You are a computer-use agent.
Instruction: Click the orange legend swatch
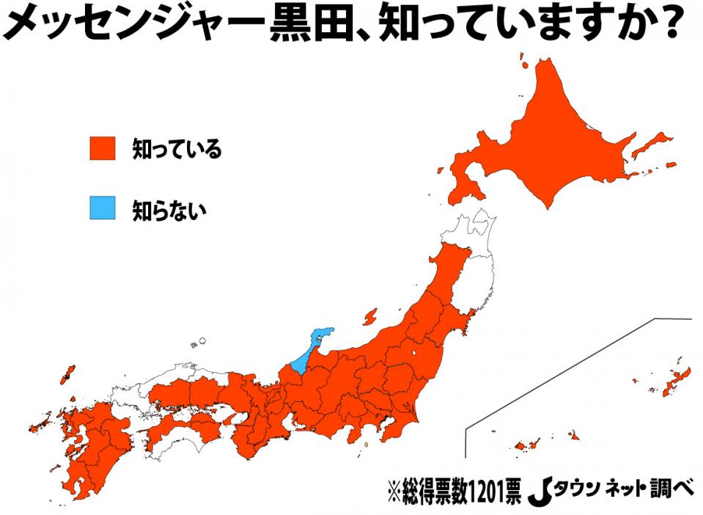[103, 149]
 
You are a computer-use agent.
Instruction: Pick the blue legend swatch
[103, 208]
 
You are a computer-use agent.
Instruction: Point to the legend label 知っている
[177, 150]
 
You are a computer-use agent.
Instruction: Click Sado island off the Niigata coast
[369, 316]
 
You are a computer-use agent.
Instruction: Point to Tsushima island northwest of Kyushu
[67, 373]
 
